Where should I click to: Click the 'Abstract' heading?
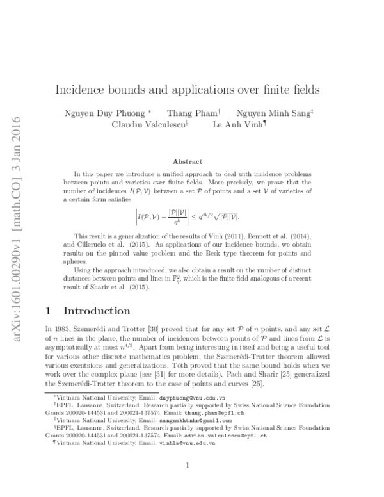(x=188, y=162)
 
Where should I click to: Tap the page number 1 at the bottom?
(x=187, y=466)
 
